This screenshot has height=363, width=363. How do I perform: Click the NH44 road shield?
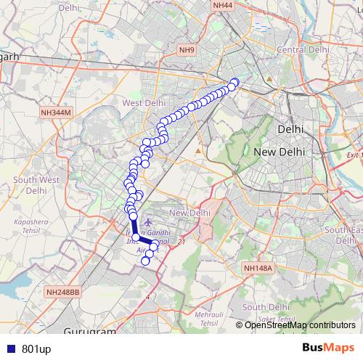(223, 5)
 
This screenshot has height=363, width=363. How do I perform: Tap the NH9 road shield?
(187, 49)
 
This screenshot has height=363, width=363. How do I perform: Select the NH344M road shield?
(56, 113)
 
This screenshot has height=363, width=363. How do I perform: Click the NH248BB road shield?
(62, 292)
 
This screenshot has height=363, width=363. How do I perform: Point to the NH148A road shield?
(258, 268)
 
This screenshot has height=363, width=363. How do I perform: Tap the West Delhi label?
(143, 103)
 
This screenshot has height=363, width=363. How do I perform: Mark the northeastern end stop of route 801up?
(234, 82)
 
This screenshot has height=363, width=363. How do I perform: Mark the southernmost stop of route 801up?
(145, 261)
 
